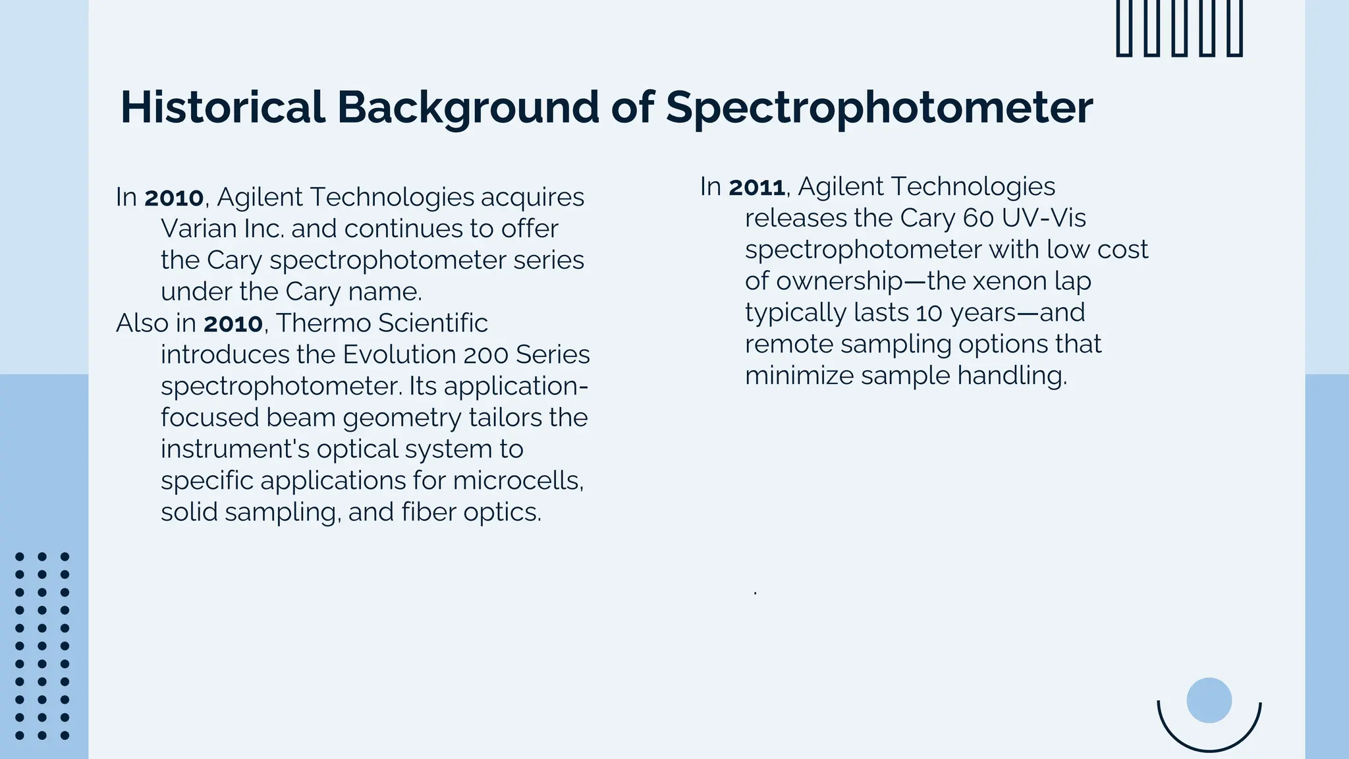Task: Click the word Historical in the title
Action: point(223,107)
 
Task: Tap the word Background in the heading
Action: point(468,107)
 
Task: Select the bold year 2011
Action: point(757,187)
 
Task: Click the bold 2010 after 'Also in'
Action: point(233,323)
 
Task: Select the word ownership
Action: point(839,281)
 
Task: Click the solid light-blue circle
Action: point(1209,700)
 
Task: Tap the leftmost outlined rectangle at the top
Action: point(1124,28)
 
